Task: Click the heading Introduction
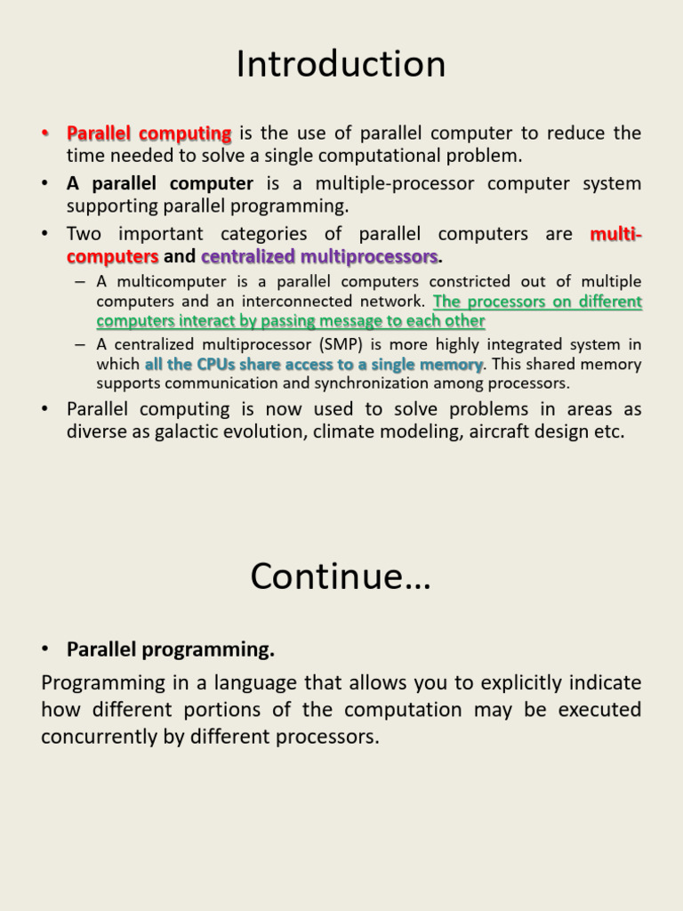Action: tap(341, 63)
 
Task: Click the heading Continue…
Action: tap(341, 576)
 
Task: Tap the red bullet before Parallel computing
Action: tap(44, 133)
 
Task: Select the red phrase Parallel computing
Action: tap(149, 133)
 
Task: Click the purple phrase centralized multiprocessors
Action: tap(319, 256)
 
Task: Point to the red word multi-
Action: tap(615, 234)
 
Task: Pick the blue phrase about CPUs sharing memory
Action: tap(314, 364)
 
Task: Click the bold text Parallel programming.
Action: tap(171, 649)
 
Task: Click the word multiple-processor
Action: tap(395, 183)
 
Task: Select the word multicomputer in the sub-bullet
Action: tap(172, 282)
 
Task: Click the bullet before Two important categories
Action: tap(44, 234)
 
